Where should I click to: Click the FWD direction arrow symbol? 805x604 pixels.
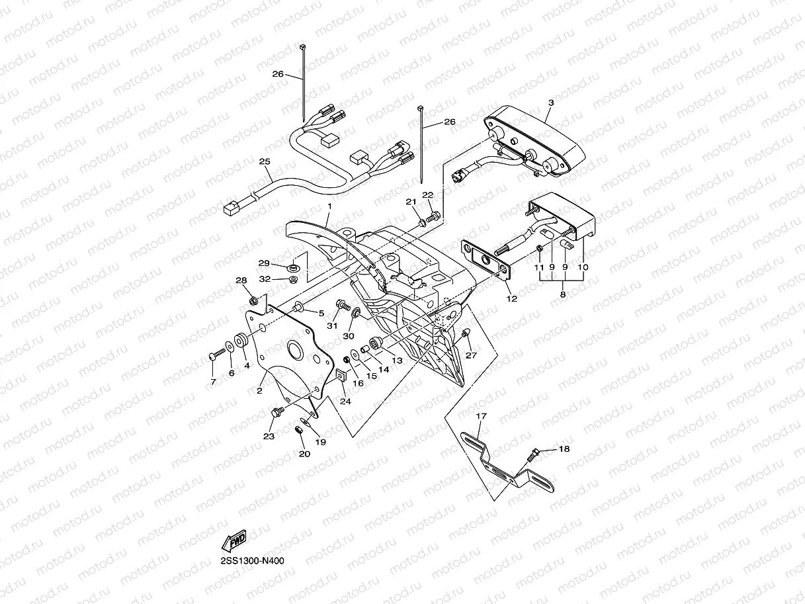point(235,542)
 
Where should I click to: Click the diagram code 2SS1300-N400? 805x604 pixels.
point(254,561)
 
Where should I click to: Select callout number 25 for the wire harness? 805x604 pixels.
point(265,161)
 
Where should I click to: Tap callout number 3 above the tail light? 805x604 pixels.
point(550,103)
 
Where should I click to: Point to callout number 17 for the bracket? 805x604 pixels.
point(481,416)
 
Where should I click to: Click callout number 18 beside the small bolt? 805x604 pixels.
point(563,449)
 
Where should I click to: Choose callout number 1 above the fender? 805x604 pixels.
point(329,207)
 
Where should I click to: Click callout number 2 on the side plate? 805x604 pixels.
point(260,391)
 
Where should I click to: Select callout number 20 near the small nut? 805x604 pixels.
point(304,454)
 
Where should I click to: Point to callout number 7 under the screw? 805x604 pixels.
point(213,382)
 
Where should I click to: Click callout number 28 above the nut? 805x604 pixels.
point(241,280)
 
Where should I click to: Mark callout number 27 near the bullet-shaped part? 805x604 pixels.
point(471,355)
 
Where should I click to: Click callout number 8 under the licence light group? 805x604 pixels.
point(563,295)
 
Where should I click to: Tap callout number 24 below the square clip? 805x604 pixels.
point(346,401)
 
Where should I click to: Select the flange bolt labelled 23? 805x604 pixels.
point(277,413)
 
